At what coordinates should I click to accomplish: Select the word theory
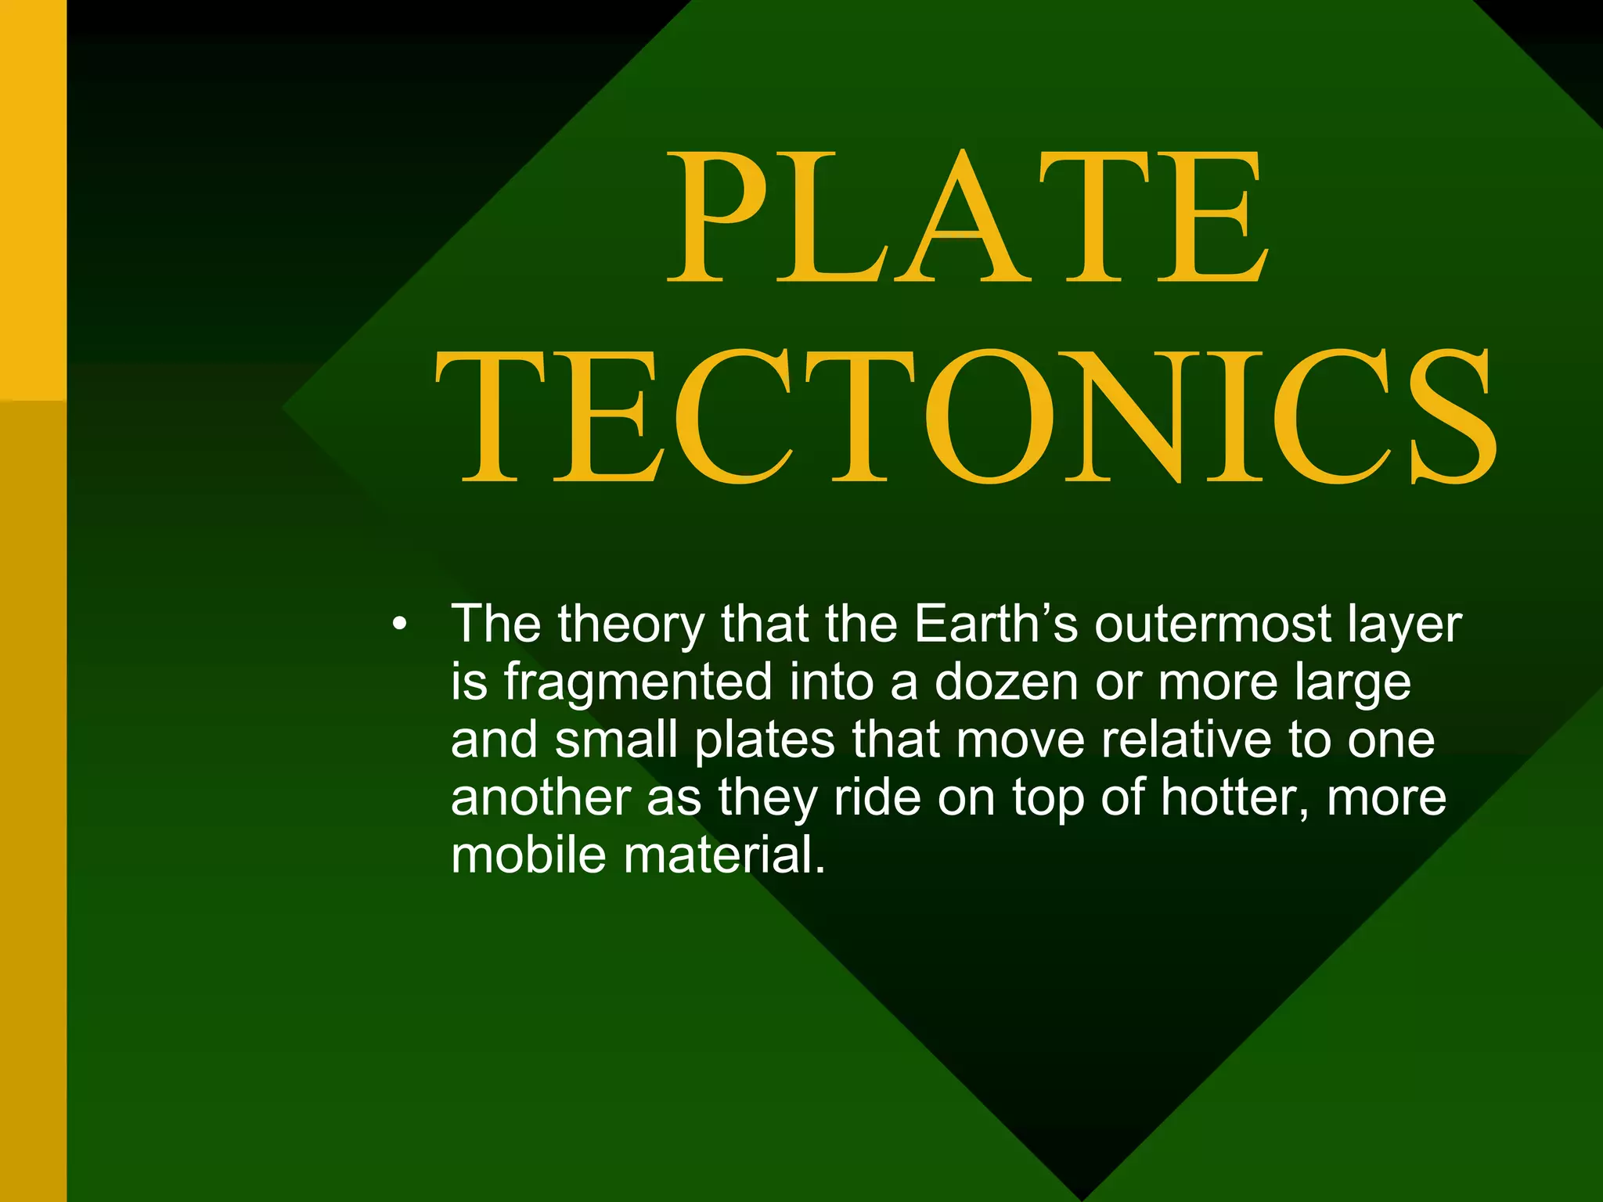point(631,625)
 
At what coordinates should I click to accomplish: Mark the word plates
point(765,740)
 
